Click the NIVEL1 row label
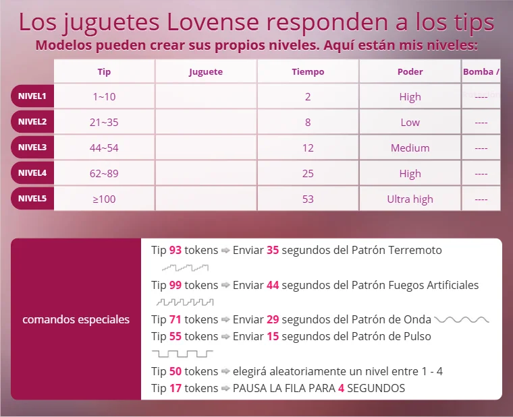(32, 96)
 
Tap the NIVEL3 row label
(32, 148)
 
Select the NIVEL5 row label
(32, 199)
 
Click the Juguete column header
(205, 72)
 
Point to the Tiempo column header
(308, 72)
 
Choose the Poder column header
(410, 72)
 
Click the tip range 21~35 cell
(104, 123)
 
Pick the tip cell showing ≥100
(104, 199)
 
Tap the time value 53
(308, 199)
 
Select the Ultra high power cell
(410, 199)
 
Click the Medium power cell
(410, 148)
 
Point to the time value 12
(308, 148)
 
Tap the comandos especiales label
(76, 319)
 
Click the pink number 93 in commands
(175, 250)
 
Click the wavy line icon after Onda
(462, 319)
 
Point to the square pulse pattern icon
(182, 353)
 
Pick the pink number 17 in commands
(175, 388)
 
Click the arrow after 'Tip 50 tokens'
(225, 371)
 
